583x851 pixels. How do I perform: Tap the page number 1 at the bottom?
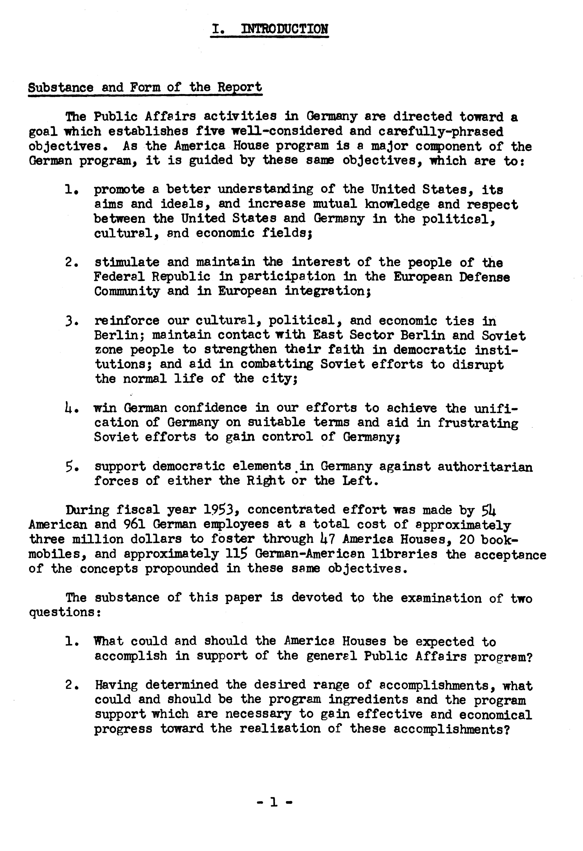273,802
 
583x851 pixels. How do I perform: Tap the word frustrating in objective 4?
478,423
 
